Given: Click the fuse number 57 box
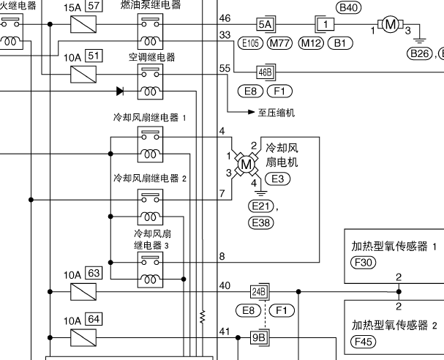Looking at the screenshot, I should point(94,6).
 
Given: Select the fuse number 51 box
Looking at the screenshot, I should point(94,54).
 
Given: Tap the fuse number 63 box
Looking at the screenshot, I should point(94,274).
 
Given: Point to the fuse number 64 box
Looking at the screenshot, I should point(94,319).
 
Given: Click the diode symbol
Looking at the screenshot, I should point(120,91).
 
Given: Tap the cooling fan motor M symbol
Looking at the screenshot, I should point(246,165).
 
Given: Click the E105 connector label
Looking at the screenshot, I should point(251,43).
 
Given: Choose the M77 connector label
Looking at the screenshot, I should point(279,43).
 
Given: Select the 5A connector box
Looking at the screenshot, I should point(265,24).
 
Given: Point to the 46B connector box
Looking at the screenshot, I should point(265,72).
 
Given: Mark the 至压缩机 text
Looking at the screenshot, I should point(276,113).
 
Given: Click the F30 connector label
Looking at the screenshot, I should point(363,263).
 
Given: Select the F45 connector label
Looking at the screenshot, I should point(363,341).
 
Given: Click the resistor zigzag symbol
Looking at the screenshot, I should point(202,316).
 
